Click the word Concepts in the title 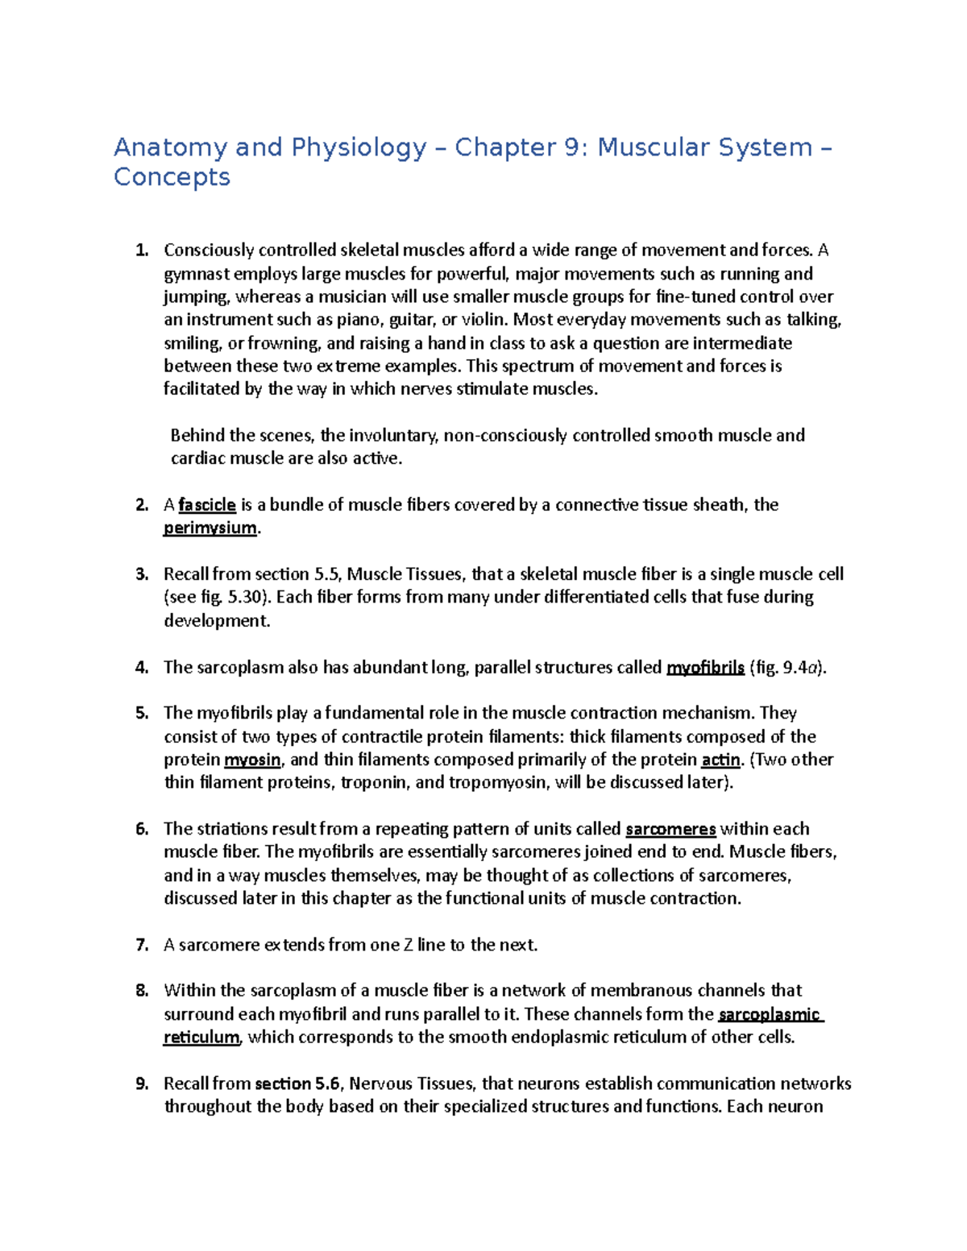[172, 177]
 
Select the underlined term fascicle [207, 505]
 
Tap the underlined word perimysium [210, 528]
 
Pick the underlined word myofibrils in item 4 [705, 668]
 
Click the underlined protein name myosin [252, 760]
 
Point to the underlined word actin [720, 760]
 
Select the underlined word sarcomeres [670, 830]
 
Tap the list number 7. [142, 945]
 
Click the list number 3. [142, 574]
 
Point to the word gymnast [197, 274]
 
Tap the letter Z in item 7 [409, 945]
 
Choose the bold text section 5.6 [299, 1084]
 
